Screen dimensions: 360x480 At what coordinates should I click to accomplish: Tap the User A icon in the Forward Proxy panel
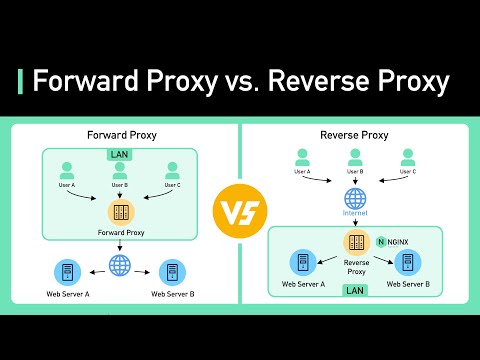coord(68,170)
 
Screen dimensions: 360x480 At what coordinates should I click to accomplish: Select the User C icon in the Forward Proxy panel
coord(172,170)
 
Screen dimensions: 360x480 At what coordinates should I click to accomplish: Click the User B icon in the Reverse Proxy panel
coord(355,158)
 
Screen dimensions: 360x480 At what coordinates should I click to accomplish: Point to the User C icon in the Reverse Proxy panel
coord(408,158)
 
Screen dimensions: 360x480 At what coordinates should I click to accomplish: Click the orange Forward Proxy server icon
coord(120,212)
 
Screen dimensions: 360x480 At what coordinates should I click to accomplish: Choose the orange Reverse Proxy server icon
coord(355,242)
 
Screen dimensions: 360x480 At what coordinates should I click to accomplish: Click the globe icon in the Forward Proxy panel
coord(120,267)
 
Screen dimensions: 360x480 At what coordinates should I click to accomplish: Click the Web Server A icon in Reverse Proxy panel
coord(303,262)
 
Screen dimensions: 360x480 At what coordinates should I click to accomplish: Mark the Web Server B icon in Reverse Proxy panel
coord(408,262)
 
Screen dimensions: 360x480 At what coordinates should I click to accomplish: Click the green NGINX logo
coord(382,241)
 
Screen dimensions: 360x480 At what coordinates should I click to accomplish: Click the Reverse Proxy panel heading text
coord(355,134)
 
